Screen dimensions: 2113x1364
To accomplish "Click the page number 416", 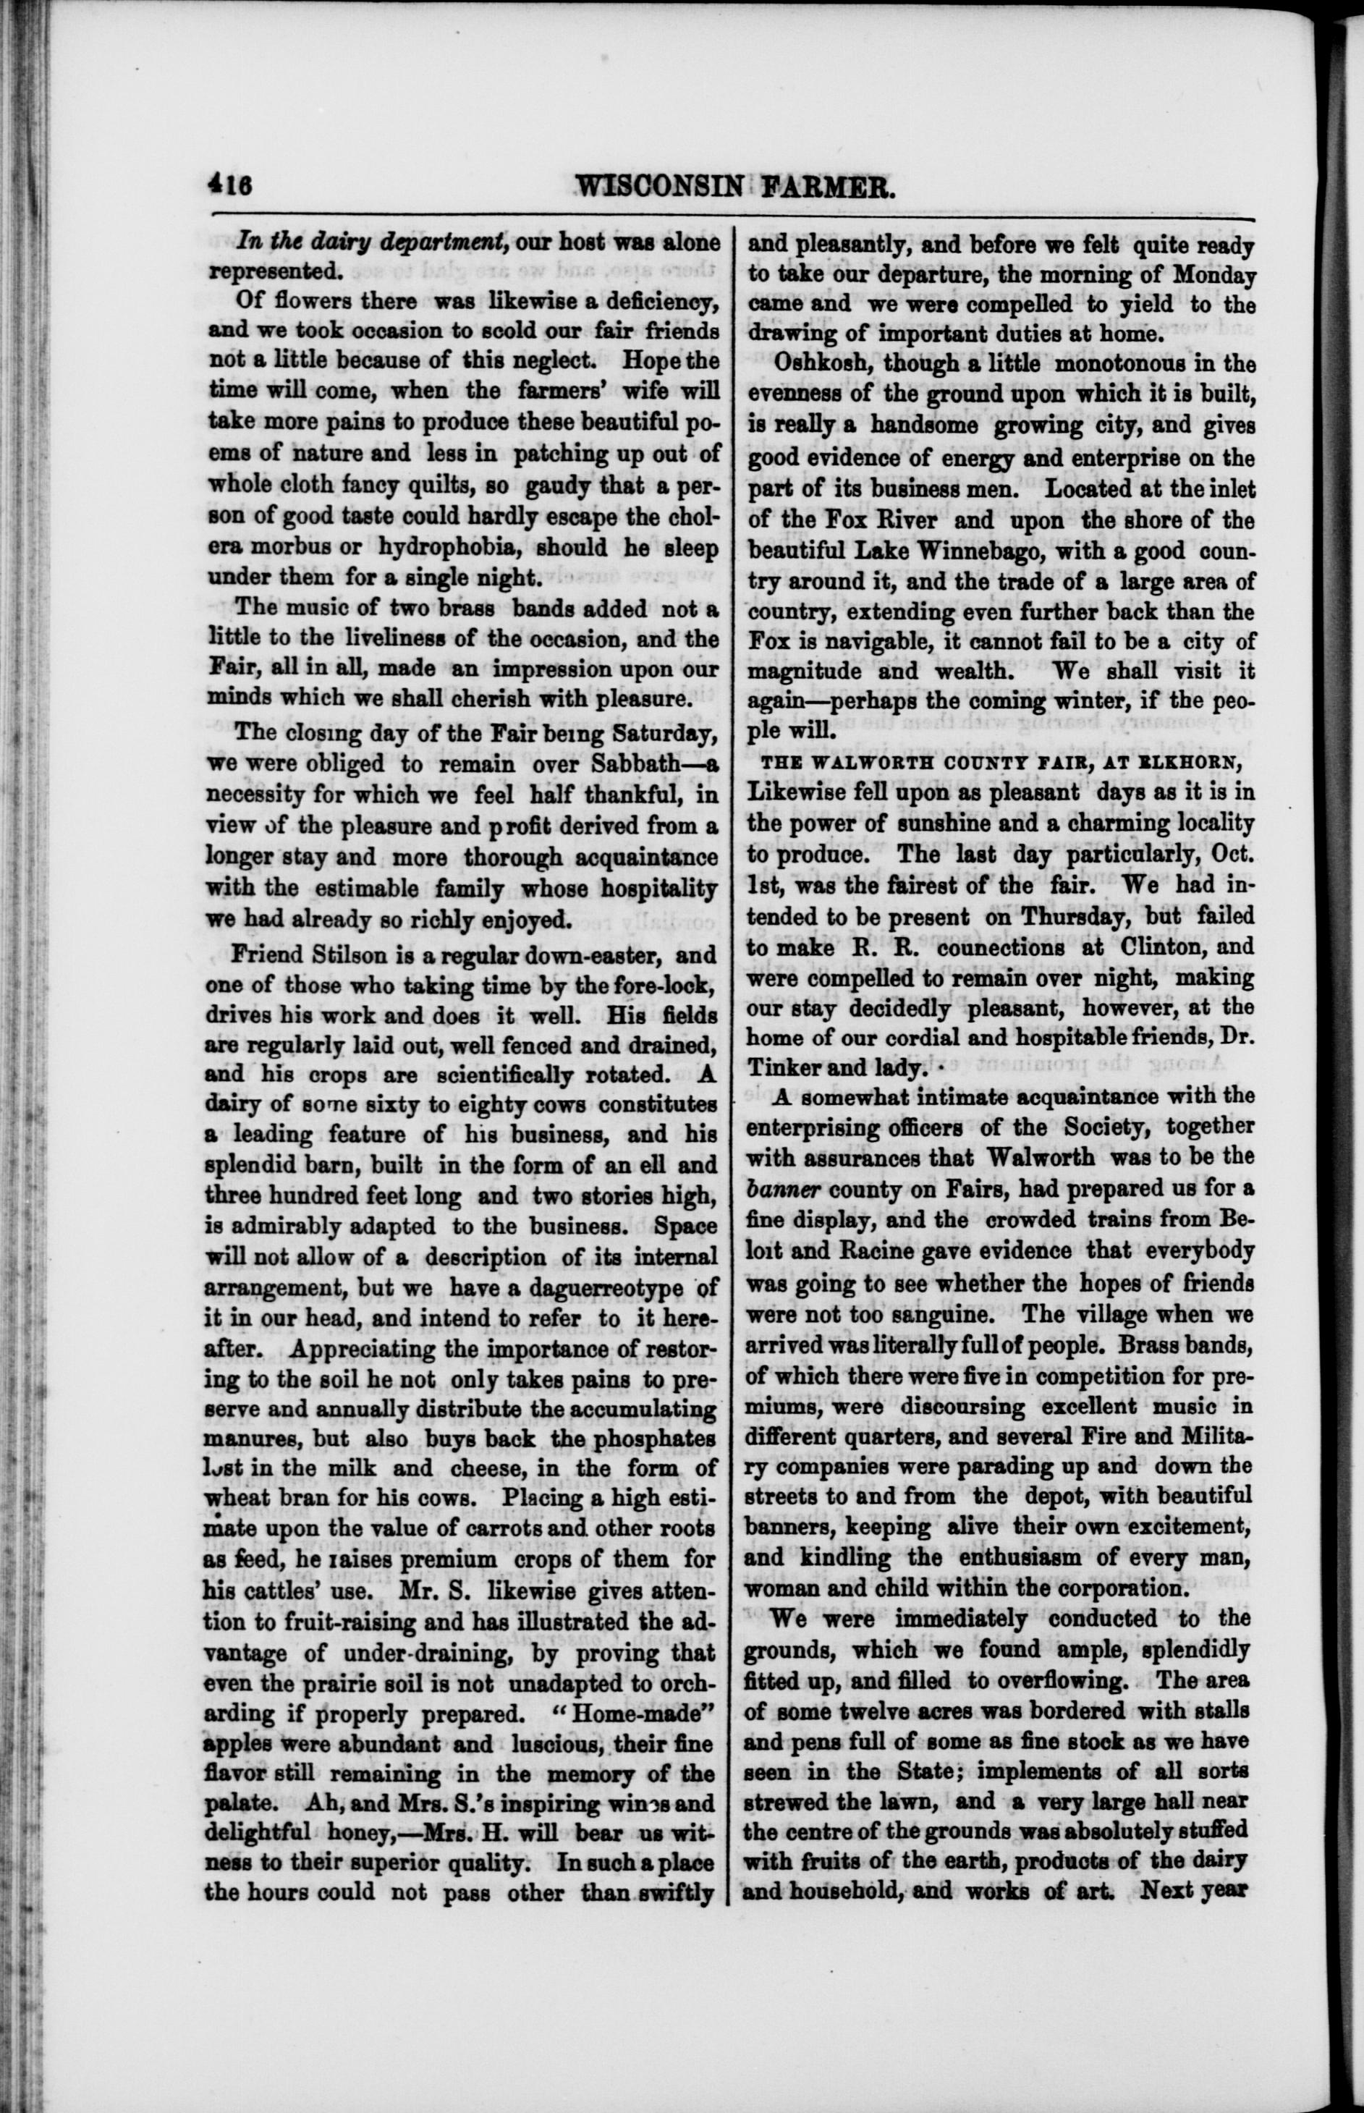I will (x=229, y=186).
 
